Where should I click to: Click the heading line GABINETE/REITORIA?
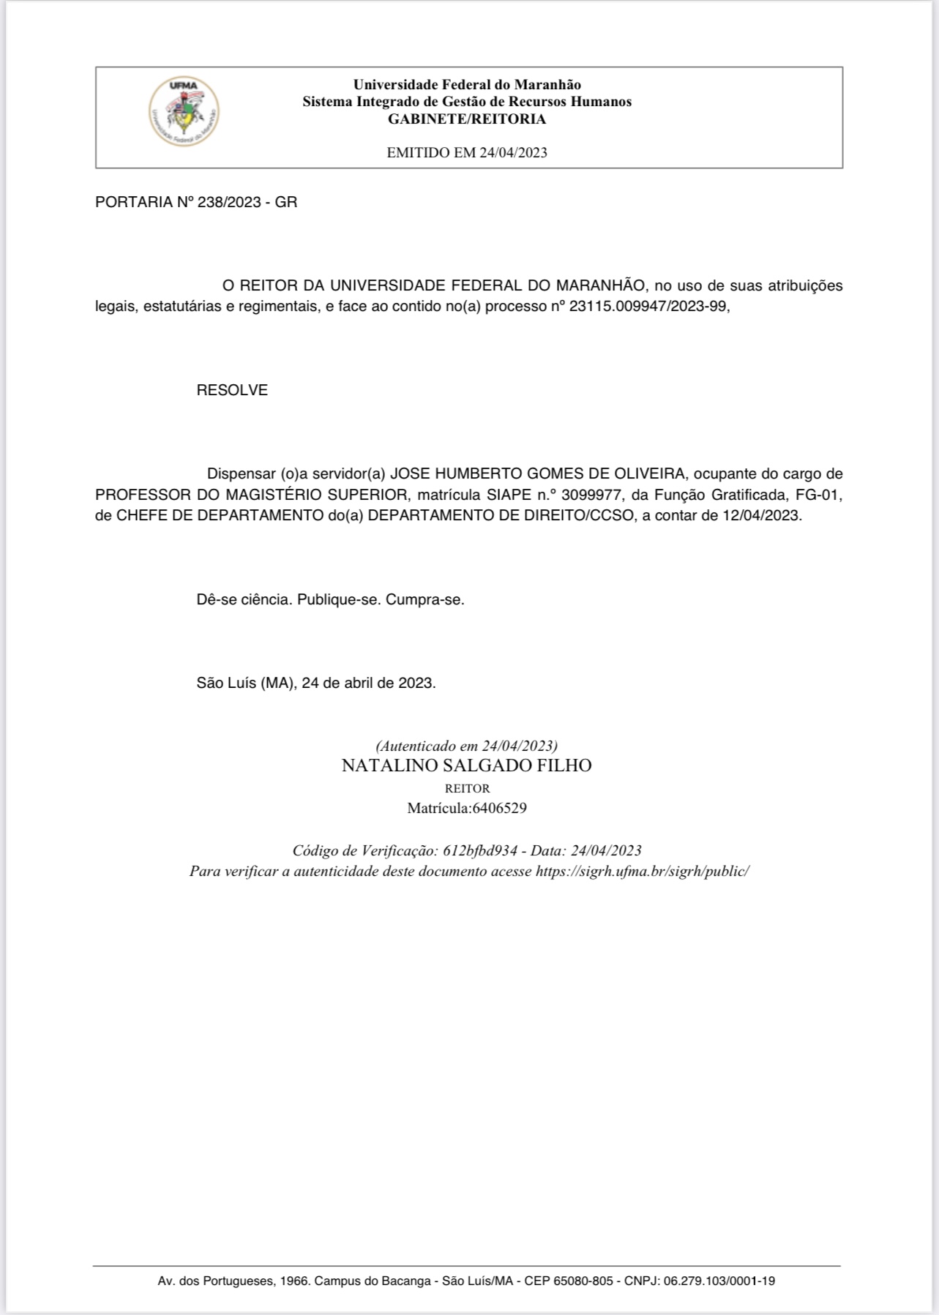(x=467, y=119)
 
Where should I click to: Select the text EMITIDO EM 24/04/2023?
(x=467, y=153)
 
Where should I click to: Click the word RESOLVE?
(x=232, y=390)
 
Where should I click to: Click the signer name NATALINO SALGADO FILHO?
(x=466, y=766)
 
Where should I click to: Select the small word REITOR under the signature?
(x=467, y=789)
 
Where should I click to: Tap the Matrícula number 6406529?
(x=499, y=809)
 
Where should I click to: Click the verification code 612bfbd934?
(x=480, y=850)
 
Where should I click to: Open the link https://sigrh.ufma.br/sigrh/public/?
(x=643, y=871)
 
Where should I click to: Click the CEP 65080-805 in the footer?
(x=583, y=1281)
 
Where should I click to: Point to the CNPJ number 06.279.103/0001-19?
(x=719, y=1281)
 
